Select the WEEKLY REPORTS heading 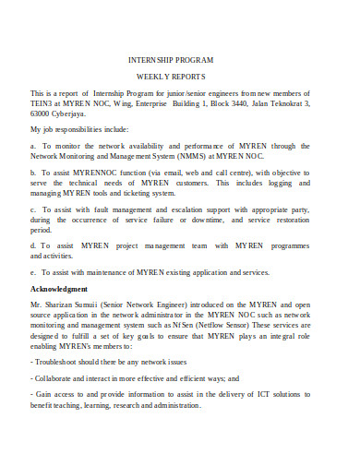coord(179,76)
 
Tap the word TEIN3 coord(43,106)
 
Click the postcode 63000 coord(43,117)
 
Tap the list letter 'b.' coord(34,172)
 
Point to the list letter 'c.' coord(34,209)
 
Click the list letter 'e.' coord(34,274)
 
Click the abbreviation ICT coord(263,393)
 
